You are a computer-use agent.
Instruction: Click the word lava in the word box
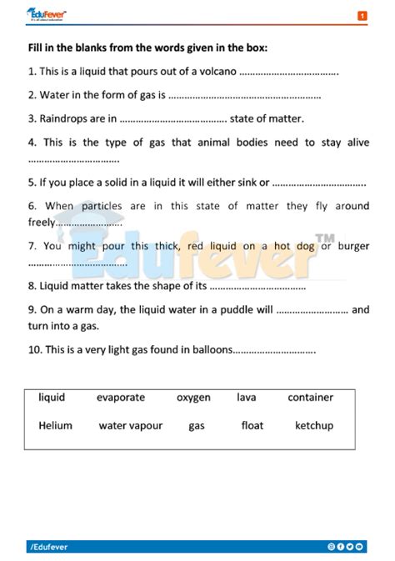tap(246, 398)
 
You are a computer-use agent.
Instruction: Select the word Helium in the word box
tap(55, 425)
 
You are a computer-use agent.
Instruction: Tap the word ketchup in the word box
tap(313, 425)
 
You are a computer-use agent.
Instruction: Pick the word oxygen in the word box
tap(193, 398)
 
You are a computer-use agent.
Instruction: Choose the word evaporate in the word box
tap(120, 398)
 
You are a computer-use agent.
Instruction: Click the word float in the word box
tap(252, 425)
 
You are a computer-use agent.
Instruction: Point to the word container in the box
tap(310, 398)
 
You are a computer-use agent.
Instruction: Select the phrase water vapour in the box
tap(130, 425)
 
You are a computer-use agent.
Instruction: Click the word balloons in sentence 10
tap(210, 349)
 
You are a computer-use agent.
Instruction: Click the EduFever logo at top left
tap(47, 14)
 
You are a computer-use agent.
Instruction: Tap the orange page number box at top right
tap(362, 15)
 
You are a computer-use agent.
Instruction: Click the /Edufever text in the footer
tap(48, 547)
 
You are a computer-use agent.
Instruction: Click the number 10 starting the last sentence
tap(34, 349)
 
